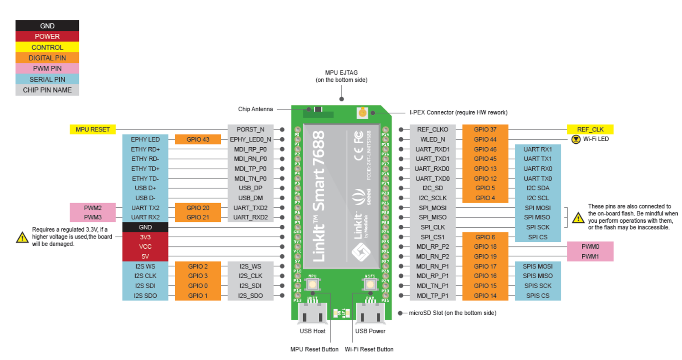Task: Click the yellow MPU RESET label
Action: click(92, 129)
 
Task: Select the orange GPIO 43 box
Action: click(198, 139)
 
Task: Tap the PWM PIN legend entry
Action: click(47, 68)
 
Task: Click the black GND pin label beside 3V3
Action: click(145, 227)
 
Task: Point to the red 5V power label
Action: click(145, 256)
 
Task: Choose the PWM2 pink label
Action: click(92, 208)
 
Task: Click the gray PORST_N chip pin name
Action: click(250, 129)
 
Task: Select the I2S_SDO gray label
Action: click(250, 296)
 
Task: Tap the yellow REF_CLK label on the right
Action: click(590, 129)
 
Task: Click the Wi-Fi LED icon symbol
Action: click(576, 139)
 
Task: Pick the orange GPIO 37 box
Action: click(485, 129)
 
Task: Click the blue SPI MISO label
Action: click(538, 217)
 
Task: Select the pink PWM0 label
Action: click(590, 247)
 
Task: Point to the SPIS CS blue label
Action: click(538, 296)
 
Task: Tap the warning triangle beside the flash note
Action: click(578, 218)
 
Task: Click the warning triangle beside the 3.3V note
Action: click(22, 238)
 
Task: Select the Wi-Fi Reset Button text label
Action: click(369, 349)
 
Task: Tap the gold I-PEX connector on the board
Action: click(362, 113)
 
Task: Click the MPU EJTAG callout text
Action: click(341, 76)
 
